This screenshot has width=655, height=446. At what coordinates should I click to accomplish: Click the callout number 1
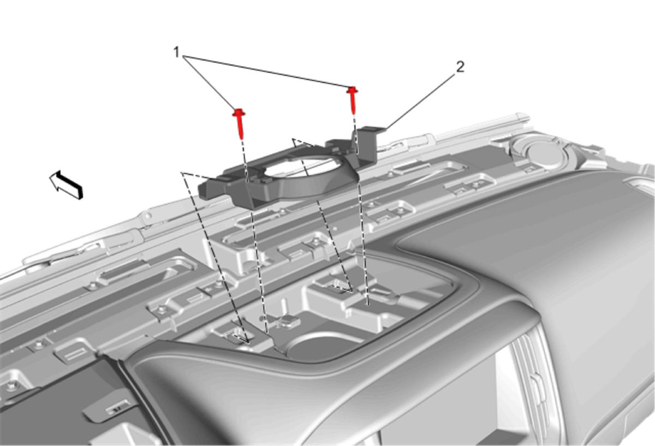click(176, 52)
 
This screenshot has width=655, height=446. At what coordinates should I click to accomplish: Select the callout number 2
click(460, 67)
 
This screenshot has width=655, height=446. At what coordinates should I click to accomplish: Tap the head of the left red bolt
click(239, 112)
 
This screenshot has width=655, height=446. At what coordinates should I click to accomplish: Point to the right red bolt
click(353, 100)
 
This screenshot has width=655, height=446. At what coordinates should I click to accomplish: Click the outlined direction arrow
click(66, 185)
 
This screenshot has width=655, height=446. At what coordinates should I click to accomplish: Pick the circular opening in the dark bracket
click(302, 166)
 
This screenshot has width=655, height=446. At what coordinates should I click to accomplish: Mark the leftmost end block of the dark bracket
click(209, 190)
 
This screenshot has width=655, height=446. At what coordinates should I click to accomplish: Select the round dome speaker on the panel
click(543, 153)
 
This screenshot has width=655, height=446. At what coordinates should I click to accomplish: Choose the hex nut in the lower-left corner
click(11, 385)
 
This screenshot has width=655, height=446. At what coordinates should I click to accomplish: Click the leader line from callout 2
click(420, 101)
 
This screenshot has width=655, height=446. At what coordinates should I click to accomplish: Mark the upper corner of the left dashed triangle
click(182, 173)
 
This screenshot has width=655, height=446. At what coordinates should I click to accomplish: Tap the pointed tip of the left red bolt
click(241, 138)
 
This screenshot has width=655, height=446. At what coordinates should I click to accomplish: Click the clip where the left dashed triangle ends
click(239, 335)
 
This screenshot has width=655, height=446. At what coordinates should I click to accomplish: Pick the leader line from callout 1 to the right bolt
click(267, 71)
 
